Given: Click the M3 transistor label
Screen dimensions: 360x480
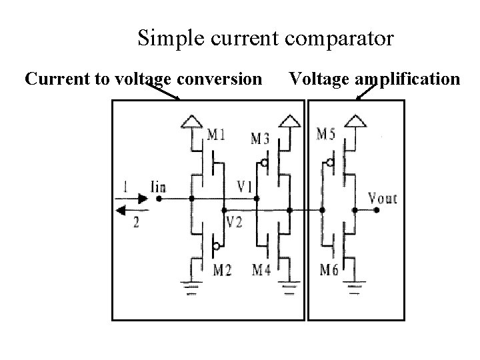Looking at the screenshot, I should (x=261, y=139).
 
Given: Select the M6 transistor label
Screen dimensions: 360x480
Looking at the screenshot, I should (x=329, y=270).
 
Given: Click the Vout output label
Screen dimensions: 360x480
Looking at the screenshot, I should (x=382, y=198).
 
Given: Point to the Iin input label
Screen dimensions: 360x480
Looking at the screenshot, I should (x=159, y=187).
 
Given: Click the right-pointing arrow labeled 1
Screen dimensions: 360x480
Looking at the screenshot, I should (x=134, y=199).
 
